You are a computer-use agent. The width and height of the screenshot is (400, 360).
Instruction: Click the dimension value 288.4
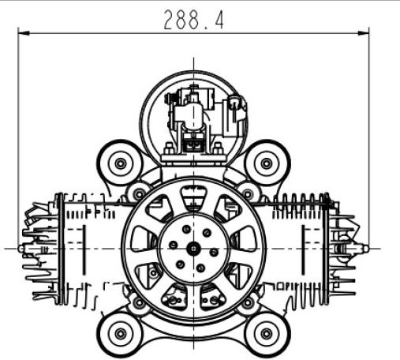[193, 20]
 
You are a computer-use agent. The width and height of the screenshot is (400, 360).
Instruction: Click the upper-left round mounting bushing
[120, 163]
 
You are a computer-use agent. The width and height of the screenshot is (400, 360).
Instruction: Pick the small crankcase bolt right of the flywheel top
[246, 189]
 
